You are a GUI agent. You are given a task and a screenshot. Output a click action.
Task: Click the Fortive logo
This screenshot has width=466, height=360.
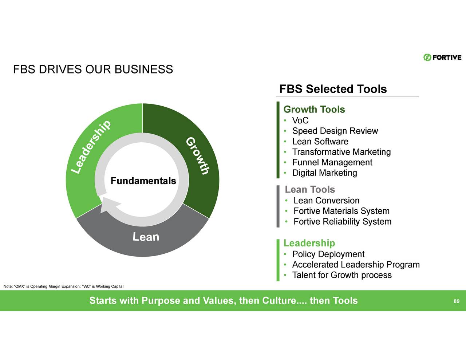[x=442, y=58]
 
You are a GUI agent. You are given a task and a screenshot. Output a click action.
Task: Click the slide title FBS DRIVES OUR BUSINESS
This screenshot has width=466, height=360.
[x=93, y=69]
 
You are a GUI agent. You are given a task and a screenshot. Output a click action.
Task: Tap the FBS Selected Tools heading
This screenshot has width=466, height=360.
[x=333, y=89]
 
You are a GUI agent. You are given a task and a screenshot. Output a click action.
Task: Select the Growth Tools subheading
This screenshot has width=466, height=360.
[x=314, y=109]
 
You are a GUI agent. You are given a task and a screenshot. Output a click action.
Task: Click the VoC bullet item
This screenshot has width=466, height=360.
[x=300, y=120]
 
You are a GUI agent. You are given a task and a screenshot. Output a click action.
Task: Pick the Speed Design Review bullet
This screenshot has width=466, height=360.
[x=335, y=131]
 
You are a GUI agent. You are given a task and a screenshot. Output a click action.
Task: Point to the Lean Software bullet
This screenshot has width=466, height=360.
[x=320, y=142]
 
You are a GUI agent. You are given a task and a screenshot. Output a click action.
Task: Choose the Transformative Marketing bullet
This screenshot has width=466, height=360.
[x=341, y=152]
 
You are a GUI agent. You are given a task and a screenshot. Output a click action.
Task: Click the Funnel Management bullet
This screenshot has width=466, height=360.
[x=332, y=162]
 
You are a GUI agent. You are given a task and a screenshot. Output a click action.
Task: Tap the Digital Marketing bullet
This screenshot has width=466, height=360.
[x=324, y=173]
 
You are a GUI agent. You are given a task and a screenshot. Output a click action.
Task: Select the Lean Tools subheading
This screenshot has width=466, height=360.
[x=309, y=189]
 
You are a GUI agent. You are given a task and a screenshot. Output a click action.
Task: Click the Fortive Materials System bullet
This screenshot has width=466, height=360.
[x=341, y=211]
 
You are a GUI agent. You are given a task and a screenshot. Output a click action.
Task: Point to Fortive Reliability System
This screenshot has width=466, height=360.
[x=342, y=222]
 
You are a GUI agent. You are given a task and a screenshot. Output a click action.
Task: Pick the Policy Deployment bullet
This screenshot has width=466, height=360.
[x=328, y=254]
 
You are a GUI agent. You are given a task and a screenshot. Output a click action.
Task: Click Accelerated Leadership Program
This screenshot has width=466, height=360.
[x=356, y=265]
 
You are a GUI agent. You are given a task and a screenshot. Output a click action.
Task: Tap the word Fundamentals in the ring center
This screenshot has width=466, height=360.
[x=143, y=181]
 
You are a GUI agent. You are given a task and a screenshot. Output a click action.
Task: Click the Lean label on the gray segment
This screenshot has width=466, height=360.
[x=146, y=237]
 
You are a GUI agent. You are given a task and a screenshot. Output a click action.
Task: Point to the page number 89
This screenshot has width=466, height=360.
[x=456, y=301]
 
